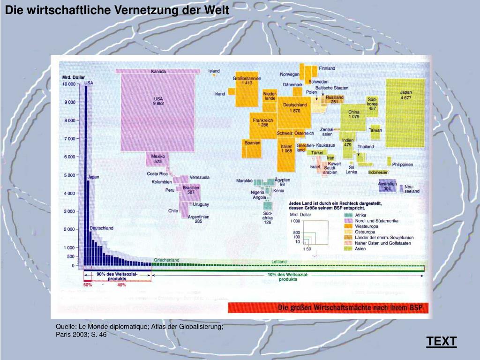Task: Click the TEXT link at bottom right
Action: click(441, 342)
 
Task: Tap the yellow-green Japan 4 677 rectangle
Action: click(405, 112)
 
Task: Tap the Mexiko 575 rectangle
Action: click(158, 159)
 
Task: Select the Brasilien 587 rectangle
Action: click(191, 190)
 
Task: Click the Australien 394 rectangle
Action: click(387, 187)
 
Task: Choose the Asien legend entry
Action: click(360, 249)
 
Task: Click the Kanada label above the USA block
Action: click(158, 72)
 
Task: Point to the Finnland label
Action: click(327, 68)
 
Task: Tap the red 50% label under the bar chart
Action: click(88, 285)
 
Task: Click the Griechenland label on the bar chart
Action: click(166, 260)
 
